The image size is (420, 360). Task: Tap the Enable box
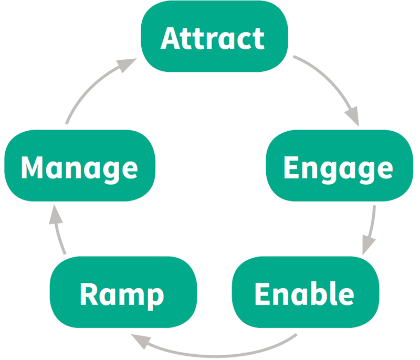coord(306,293)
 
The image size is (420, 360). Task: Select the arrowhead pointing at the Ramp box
coord(141,342)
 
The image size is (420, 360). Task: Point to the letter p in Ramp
coord(154,297)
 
